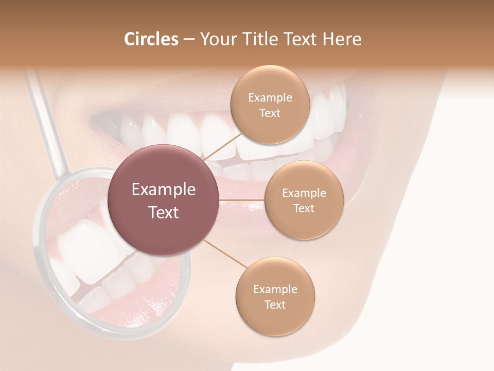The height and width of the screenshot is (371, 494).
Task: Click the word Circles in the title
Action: [x=151, y=39]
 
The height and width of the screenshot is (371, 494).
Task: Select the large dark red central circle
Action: [x=164, y=200]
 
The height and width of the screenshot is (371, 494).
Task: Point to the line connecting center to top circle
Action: [x=222, y=148]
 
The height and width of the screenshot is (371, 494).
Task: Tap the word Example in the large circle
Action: [x=164, y=190]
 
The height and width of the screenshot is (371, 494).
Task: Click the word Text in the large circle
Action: [x=164, y=212]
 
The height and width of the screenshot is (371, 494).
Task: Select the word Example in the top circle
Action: [x=270, y=97]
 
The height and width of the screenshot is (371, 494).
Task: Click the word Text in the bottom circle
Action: [x=275, y=305]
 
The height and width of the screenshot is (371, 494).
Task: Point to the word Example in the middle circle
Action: [x=304, y=193]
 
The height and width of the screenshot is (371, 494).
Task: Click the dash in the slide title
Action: [x=189, y=40]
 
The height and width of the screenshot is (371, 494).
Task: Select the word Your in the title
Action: [x=217, y=39]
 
